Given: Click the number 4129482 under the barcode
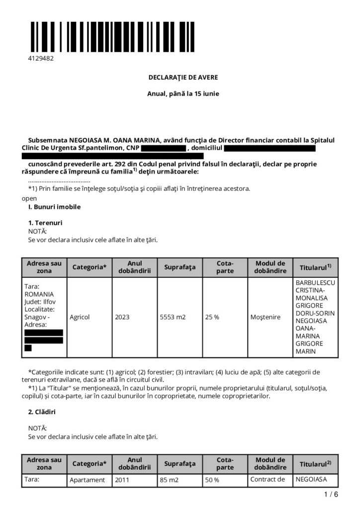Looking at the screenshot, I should (x=41, y=58).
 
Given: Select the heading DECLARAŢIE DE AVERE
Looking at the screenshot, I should (x=183, y=78).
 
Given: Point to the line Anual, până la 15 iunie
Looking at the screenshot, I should (x=183, y=93).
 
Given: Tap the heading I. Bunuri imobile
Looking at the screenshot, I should (x=54, y=206).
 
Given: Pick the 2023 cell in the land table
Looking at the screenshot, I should (x=122, y=317).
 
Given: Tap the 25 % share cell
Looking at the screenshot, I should (x=212, y=317).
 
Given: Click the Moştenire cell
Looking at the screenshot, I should (x=266, y=317).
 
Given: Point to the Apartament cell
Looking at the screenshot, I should (x=88, y=480).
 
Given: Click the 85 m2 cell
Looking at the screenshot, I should (x=170, y=480).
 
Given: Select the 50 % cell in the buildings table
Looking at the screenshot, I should (x=212, y=480).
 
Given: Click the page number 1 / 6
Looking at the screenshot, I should (x=331, y=495).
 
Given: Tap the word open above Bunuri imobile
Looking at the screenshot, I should (x=29, y=197).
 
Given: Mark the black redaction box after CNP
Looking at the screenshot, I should (x=163, y=148).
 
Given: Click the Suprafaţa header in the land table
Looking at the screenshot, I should (x=180, y=267).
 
